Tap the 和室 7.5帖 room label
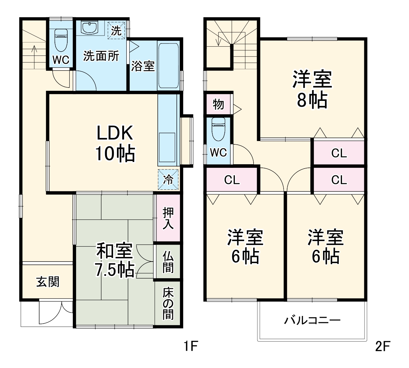[x=114, y=260]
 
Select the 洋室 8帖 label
[x=312, y=89]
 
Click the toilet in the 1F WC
[x=61, y=40]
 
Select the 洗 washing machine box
[x=116, y=30]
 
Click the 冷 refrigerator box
[x=168, y=179]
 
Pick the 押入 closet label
[x=168, y=218]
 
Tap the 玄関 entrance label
[x=48, y=281]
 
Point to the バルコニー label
[x=312, y=320]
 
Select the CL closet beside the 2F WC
[x=232, y=180]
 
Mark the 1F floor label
[x=190, y=346]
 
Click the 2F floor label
[x=383, y=346]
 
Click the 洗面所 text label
[x=101, y=56]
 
